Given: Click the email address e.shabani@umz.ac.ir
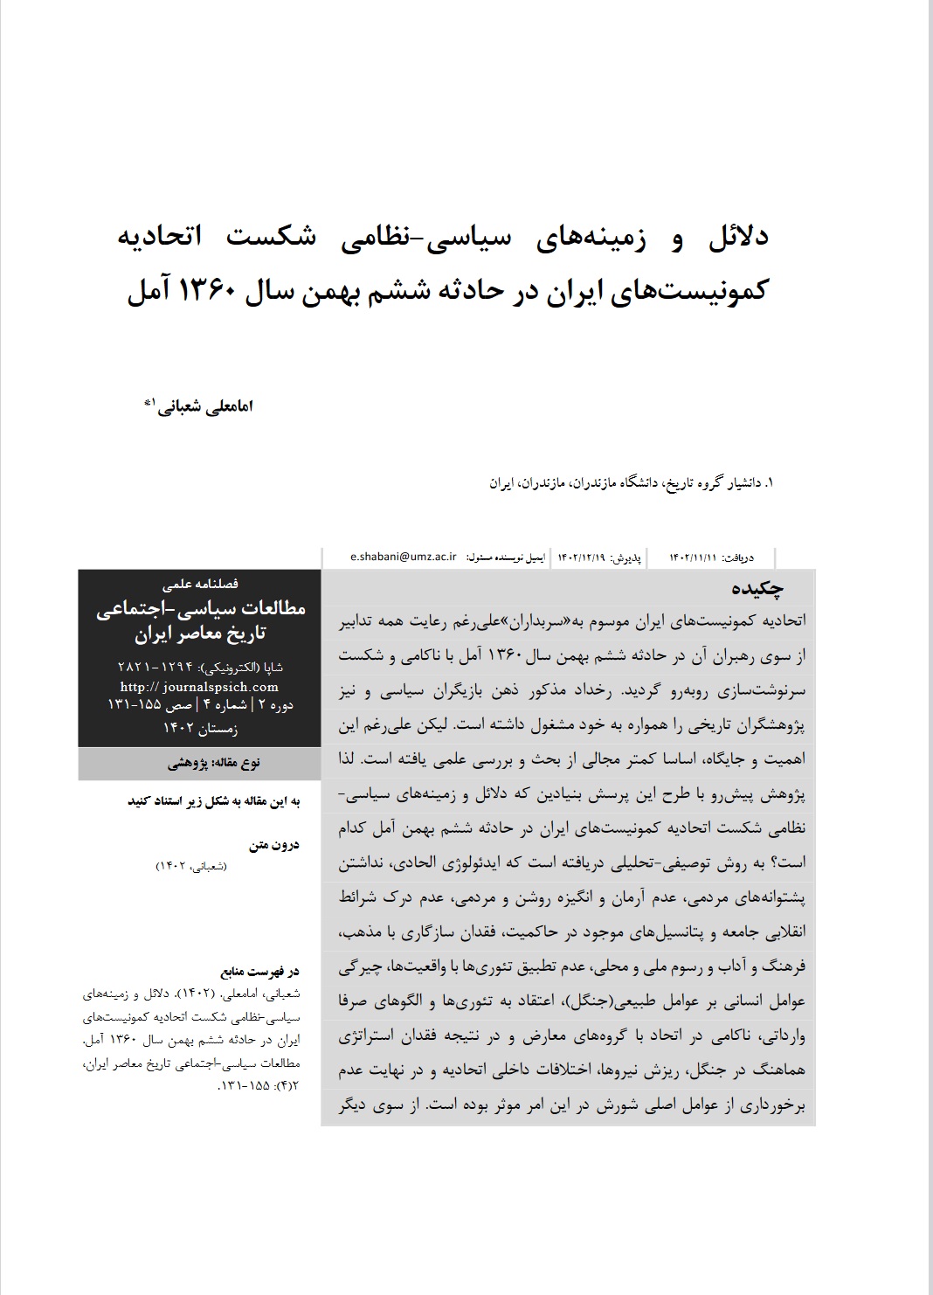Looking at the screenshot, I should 403,557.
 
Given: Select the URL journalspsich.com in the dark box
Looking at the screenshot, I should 212,687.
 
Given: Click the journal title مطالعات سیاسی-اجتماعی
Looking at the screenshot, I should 201,609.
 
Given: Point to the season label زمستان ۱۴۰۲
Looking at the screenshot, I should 200,726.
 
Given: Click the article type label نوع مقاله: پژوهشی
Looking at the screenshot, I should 213,763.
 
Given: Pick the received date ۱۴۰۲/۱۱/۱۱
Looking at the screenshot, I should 693,557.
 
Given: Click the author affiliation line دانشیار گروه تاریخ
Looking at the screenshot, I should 711,481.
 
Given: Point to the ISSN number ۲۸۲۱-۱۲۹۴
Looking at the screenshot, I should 156,667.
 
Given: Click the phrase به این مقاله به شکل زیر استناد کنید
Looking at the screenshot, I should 216,800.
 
